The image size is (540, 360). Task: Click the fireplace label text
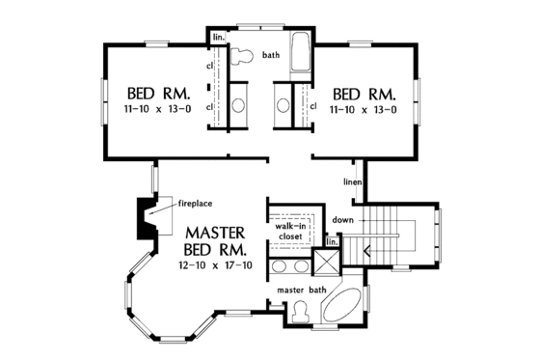[x=194, y=203]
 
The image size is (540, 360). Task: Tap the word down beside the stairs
[x=343, y=220]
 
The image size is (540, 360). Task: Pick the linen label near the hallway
[x=353, y=181]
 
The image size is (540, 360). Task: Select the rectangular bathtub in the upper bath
[x=299, y=56]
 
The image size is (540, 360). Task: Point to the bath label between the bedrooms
[x=270, y=55]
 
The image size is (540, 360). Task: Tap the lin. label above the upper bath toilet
[x=218, y=38]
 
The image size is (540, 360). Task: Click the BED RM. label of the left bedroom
[x=159, y=95]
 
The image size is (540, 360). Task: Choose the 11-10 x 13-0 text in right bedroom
[x=364, y=111]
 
